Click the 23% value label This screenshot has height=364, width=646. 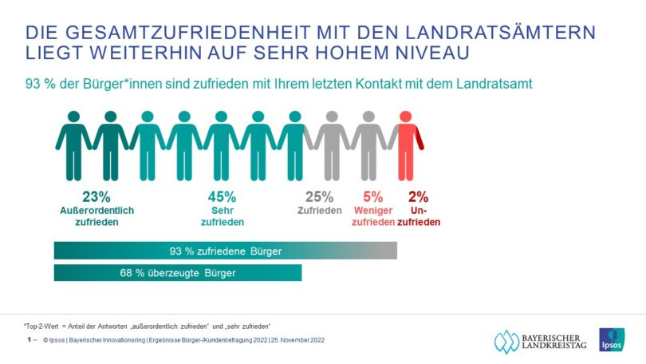click(x=97, y=196)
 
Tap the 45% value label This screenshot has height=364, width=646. click(x=222, y=196)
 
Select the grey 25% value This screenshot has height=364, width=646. click(x=319, y=196)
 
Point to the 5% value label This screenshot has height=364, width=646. click(x=373, y=196)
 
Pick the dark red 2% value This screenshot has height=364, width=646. click(x=417, y=196)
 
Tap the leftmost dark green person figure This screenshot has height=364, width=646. click(x=73, y=145)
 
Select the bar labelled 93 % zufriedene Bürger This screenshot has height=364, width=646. click(x=225, y=251)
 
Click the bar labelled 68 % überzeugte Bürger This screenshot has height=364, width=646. click(x=178, y=272)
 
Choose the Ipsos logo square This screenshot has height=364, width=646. click(x=612, y=339)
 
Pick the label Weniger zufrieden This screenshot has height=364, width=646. click(x=373, y=216)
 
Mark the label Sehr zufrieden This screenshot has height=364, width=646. click(x=222, y=216)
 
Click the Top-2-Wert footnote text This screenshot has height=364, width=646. click(x=148, y=325)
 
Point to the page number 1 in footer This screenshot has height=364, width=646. click(x=29, y=340)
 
